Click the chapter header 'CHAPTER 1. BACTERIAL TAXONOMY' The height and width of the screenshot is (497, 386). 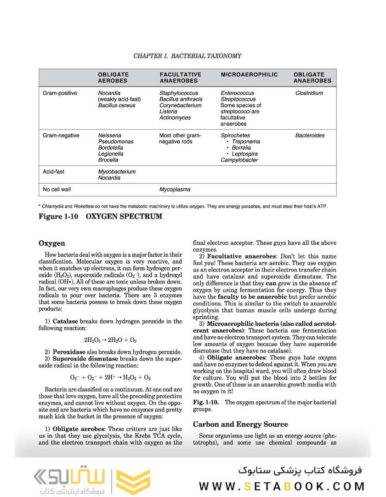[187, 56]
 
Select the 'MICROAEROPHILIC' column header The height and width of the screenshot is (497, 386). [249, 75]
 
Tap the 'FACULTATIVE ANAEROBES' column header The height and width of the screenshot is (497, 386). [180, 77]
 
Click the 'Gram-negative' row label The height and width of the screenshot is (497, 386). [61, 136]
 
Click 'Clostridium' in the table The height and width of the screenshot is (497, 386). [309, 93]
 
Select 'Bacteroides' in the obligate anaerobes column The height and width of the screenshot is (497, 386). [309, 136]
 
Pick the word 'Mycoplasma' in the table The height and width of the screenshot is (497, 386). [175, 189]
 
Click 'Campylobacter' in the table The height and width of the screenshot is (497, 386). [239, 160]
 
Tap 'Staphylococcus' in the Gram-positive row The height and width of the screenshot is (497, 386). [179, 93]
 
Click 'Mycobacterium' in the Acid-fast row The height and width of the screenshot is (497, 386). [117, 172]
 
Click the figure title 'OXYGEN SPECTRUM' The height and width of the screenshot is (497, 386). [124, 216]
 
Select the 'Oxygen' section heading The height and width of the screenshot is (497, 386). [52, 243]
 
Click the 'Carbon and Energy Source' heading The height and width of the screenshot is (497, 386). [240, 424]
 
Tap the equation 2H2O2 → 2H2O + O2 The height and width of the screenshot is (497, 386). [110, 340]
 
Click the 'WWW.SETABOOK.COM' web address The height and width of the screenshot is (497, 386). [282, 486]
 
